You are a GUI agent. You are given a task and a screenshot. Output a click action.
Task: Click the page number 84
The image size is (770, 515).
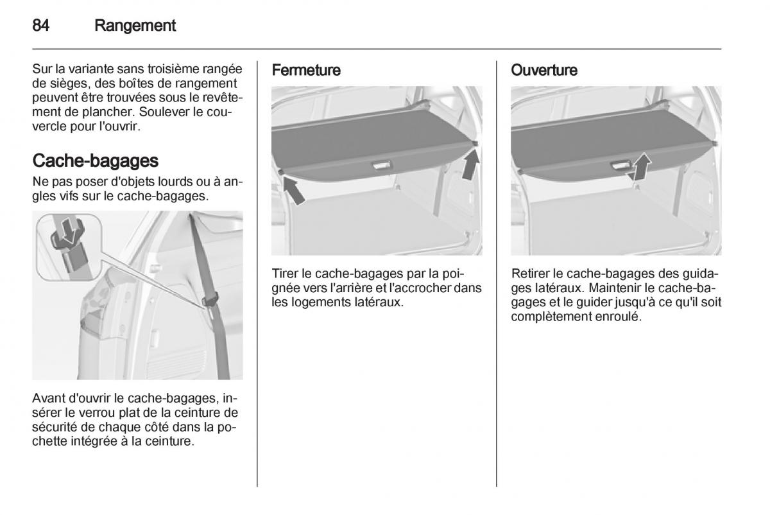pos(40,26)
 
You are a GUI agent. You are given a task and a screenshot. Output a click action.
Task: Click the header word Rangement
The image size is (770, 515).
pos(135,26)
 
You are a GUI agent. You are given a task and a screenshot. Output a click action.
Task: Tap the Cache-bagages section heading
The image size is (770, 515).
pos(95,161)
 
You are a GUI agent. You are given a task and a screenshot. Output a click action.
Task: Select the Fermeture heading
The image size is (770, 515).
pos(306,70)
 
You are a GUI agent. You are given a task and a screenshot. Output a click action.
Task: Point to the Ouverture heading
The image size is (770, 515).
pos(544,70)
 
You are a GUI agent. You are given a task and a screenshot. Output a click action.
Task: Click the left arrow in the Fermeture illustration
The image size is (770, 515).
pos(294,190)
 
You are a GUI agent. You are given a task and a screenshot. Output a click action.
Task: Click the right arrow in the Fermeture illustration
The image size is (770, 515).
pos(471,165)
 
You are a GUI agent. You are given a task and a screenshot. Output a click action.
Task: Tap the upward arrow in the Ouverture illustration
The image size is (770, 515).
pos(642,167)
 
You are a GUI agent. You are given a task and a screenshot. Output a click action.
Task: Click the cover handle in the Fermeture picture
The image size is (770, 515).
pos(382,166)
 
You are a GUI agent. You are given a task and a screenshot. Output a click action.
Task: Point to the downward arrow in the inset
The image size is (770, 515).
pos(69,230)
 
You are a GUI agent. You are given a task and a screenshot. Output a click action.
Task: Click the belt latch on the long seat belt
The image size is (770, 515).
pos(210,300)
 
